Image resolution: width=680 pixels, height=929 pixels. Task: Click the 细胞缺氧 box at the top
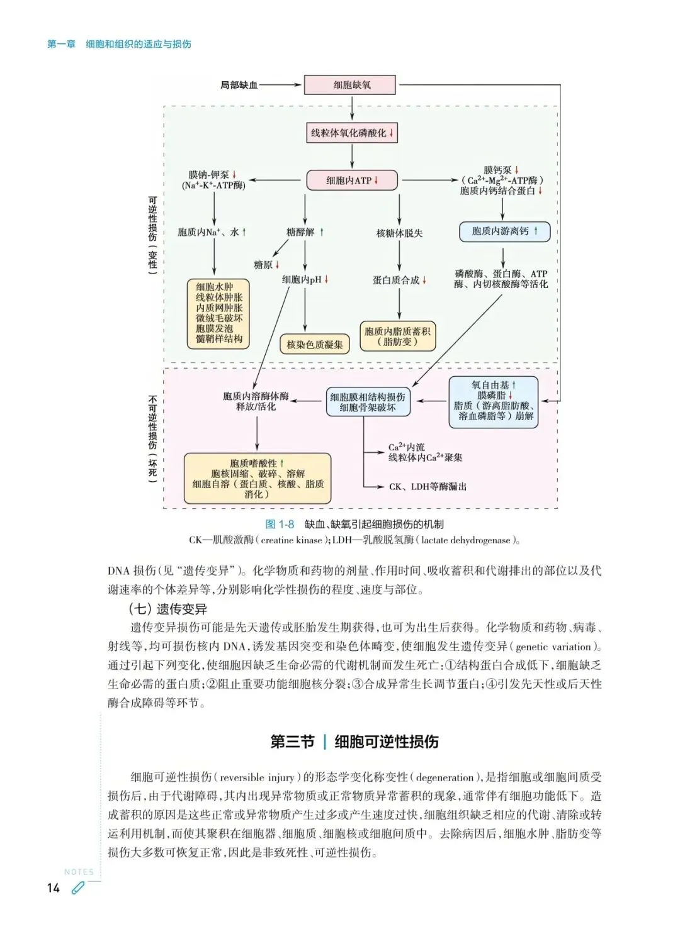point(351,85)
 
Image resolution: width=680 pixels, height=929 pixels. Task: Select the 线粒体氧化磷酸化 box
point(351,133)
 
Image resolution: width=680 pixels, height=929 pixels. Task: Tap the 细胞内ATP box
point(352,181)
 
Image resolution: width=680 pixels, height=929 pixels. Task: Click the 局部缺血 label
point(239,85)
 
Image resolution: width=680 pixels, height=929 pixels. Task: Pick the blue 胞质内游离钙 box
point(504,231)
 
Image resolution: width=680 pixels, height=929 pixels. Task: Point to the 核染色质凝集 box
point(315,344)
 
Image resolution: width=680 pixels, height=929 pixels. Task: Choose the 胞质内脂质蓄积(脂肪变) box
point(398,337)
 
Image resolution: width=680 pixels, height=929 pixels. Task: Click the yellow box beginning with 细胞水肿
point(219,313)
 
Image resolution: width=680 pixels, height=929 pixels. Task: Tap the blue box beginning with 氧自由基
point(494,401)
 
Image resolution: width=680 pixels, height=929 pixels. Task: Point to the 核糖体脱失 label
point(399,233)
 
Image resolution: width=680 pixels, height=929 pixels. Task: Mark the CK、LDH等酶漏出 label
point(428,486)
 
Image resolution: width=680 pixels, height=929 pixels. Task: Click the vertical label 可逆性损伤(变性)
point(152,233)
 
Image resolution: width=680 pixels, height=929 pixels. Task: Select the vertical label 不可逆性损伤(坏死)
point(152,439)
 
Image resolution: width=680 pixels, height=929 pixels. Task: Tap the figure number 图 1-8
point(280,524)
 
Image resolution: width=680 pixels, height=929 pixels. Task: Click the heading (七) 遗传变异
point(167,609)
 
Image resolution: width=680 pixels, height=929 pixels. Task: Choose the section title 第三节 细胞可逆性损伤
point(354,742)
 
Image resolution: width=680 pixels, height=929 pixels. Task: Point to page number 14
point(54,887)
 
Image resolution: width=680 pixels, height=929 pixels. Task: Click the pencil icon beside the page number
point(77,888)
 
